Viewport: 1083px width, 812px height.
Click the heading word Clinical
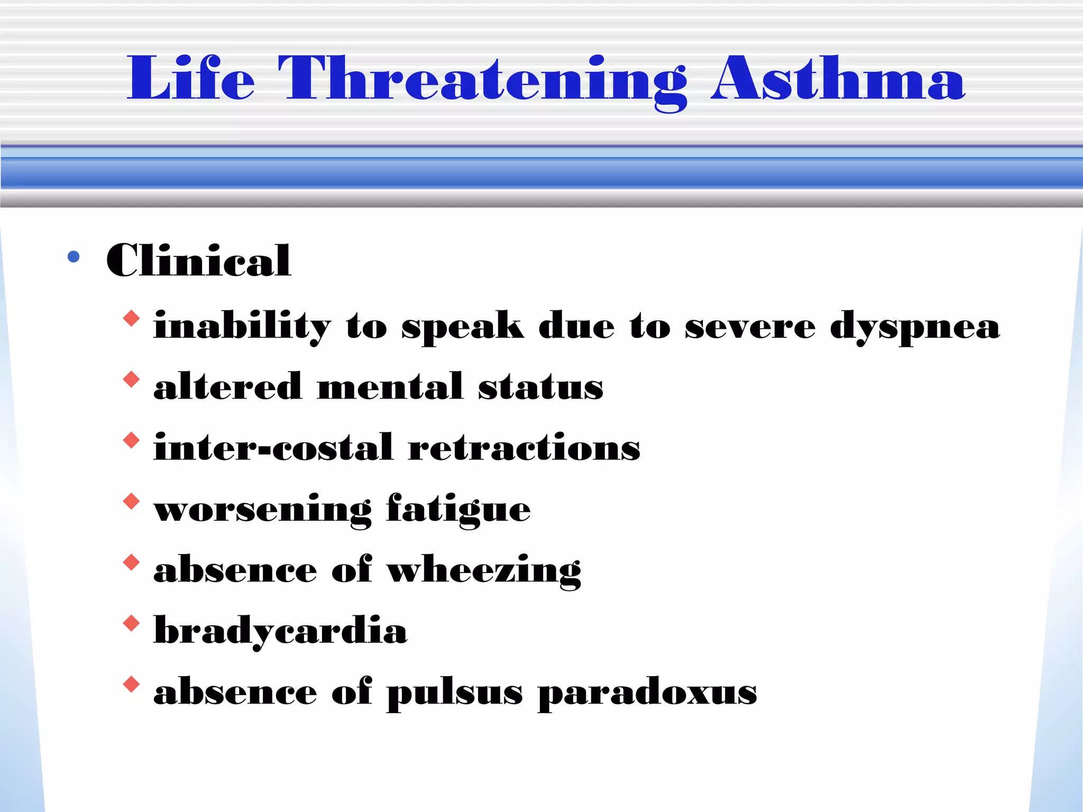[198, 260]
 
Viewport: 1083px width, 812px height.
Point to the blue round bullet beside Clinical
[74, 257]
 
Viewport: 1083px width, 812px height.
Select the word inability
[242, 327]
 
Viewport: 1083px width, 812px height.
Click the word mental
[390, 387]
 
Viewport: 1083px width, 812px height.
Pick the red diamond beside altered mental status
[131, 380]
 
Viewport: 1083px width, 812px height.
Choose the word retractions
[524, 448]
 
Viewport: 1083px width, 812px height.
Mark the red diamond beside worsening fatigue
[131, 501]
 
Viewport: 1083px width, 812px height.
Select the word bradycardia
[280, 631]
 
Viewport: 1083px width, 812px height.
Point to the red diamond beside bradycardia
[131, 623]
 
